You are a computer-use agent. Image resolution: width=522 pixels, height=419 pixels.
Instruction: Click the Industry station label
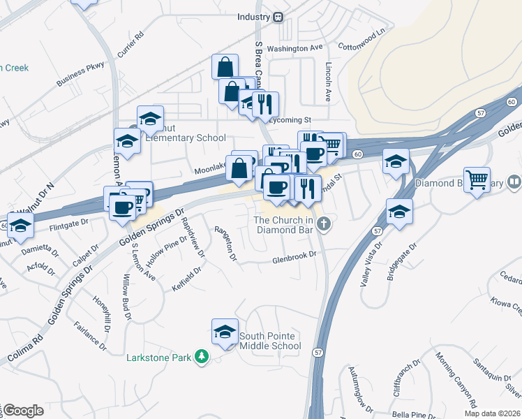(253, 17)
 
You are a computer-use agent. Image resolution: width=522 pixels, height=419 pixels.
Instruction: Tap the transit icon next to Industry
(278, 17)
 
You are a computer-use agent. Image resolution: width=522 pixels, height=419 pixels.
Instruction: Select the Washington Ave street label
(295, 48)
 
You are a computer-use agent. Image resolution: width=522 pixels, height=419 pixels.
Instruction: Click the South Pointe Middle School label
(270, 341)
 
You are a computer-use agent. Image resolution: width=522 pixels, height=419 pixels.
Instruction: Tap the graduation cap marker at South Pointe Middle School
(225, 332)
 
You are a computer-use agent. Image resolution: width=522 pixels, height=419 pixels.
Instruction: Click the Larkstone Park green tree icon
(201, 358)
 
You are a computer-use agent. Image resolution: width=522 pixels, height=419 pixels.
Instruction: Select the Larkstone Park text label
(158, 358)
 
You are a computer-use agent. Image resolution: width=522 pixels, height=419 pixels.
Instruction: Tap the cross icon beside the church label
(322, 224)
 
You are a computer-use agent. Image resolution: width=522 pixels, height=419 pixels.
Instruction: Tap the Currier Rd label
(130, 45)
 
